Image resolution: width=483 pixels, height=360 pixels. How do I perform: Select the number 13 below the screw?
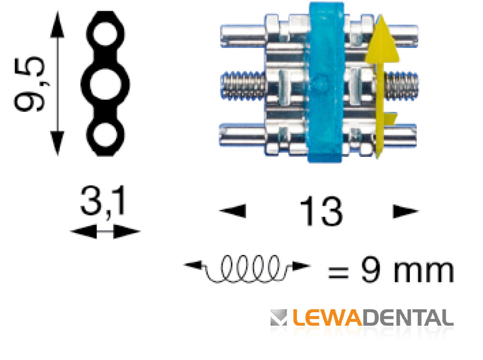click(x=321, y=211)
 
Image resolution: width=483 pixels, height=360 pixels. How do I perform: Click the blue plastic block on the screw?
click(x=326, y=82)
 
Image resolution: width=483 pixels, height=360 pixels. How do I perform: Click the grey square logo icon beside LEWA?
click(x=279, y=318)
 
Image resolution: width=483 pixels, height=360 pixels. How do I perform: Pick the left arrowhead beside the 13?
click(x=234, y=211)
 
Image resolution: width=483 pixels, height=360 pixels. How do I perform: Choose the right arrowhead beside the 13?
click(x=405, y=211)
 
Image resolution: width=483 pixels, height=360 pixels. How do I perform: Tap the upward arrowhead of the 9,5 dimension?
click(x=57, y=22)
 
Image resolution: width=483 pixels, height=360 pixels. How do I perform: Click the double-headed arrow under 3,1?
click(x=105, y=233)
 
